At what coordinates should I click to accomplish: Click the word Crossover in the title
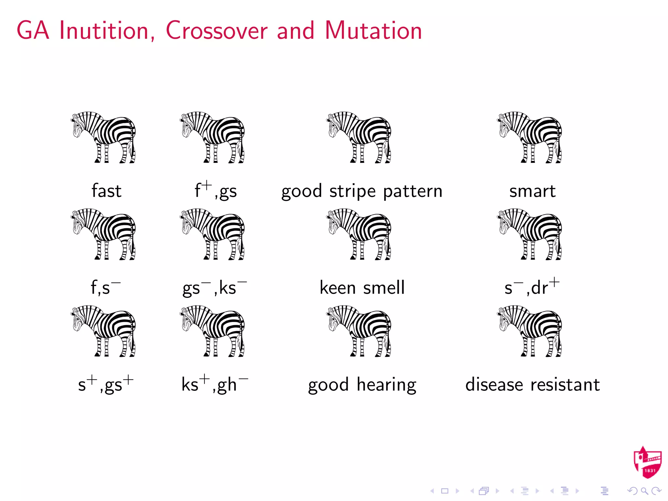[217, 31]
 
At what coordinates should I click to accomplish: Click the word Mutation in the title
[373, 31]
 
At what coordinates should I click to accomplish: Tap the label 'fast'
[106, 191]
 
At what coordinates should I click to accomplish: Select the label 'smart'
[532, 191]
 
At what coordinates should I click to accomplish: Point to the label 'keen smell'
[362, 288]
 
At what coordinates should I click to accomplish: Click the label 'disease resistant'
[532, 385]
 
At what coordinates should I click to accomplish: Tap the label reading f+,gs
[216, 191]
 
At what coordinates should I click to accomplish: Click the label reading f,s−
[105, 288]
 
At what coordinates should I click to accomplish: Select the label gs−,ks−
[214, 288]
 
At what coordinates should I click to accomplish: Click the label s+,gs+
[106, 384]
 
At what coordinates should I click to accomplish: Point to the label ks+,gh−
[215, 384]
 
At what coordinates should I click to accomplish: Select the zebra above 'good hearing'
[359, 331]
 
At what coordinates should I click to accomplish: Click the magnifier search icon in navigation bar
[644, 491]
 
